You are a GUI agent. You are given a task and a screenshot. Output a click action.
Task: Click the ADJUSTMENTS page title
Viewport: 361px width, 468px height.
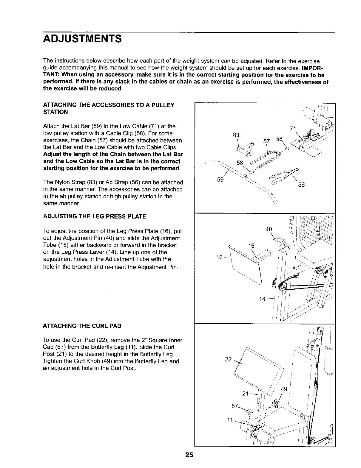tap(82, 39)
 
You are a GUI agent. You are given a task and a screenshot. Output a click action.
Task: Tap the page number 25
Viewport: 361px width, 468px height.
tap(189, 455)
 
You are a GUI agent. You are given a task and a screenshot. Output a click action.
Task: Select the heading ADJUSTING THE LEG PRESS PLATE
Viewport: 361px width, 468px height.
tap(95, 216)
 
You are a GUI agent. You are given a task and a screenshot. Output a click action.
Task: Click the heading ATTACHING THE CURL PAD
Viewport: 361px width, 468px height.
tap(82, 326)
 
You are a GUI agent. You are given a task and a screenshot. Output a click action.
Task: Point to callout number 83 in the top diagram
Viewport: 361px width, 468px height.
tap(236, 135)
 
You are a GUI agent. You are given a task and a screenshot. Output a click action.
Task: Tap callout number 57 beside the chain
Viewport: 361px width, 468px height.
tap(266, 141)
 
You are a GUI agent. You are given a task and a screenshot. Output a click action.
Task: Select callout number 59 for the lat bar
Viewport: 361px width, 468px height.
tap(220, 180)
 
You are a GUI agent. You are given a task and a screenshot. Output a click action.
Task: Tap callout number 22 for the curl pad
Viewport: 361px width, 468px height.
tap(228, 359)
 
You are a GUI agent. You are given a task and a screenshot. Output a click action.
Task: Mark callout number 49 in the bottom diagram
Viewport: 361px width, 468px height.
tap(284, 389)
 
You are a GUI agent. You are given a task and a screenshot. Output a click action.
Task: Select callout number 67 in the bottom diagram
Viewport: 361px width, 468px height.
tap(235, 406)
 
